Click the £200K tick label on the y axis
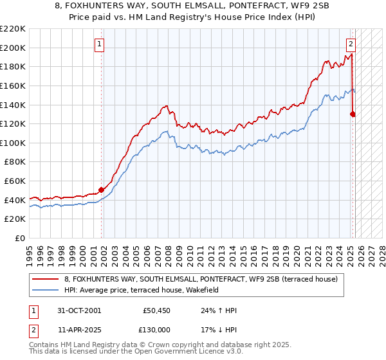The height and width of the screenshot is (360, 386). click(14, 48)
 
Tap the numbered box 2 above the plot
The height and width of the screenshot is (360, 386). click(351, 44)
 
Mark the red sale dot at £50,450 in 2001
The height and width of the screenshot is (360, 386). click(102, 190)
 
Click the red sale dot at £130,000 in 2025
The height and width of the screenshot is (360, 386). click(353, 114)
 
